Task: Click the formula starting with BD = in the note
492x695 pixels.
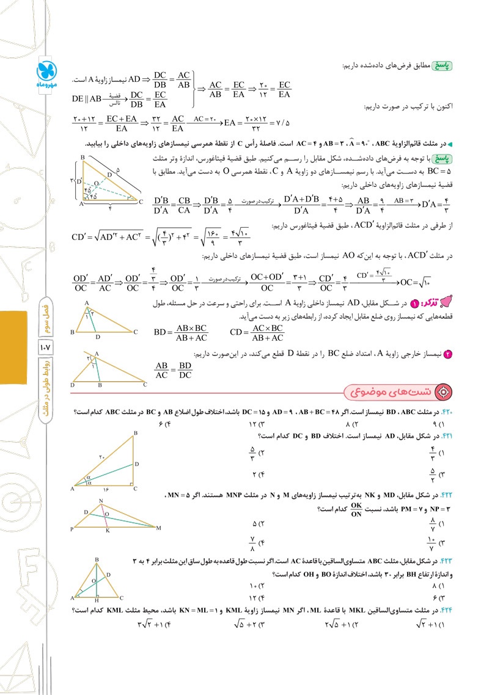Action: (182, 332)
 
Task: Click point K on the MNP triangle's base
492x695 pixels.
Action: (107, 531)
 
